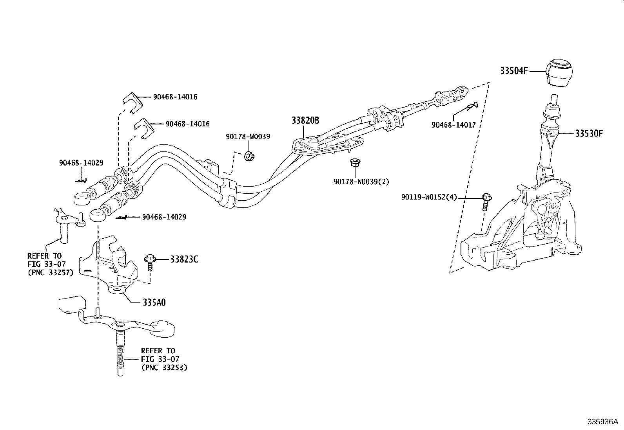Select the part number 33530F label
[589, 133]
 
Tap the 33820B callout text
[305, 121]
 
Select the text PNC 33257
[50, 273]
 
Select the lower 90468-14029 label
[164, 217]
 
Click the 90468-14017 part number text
[453, 125]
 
